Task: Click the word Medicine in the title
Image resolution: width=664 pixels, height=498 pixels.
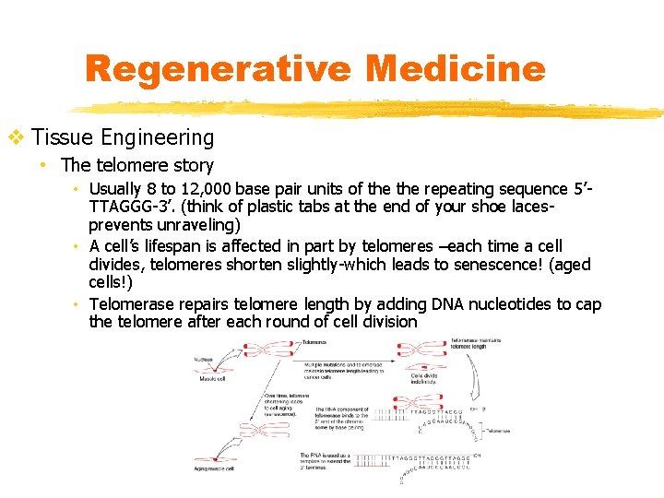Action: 455,69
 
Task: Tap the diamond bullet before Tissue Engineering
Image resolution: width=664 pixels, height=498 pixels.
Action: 16,138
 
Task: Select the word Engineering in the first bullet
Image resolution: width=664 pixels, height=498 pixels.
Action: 158,138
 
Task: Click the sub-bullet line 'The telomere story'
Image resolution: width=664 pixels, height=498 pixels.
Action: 136,166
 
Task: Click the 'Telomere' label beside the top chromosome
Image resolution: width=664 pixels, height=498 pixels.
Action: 314,342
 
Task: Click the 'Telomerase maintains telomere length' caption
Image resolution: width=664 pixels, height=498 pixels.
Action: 477,344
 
